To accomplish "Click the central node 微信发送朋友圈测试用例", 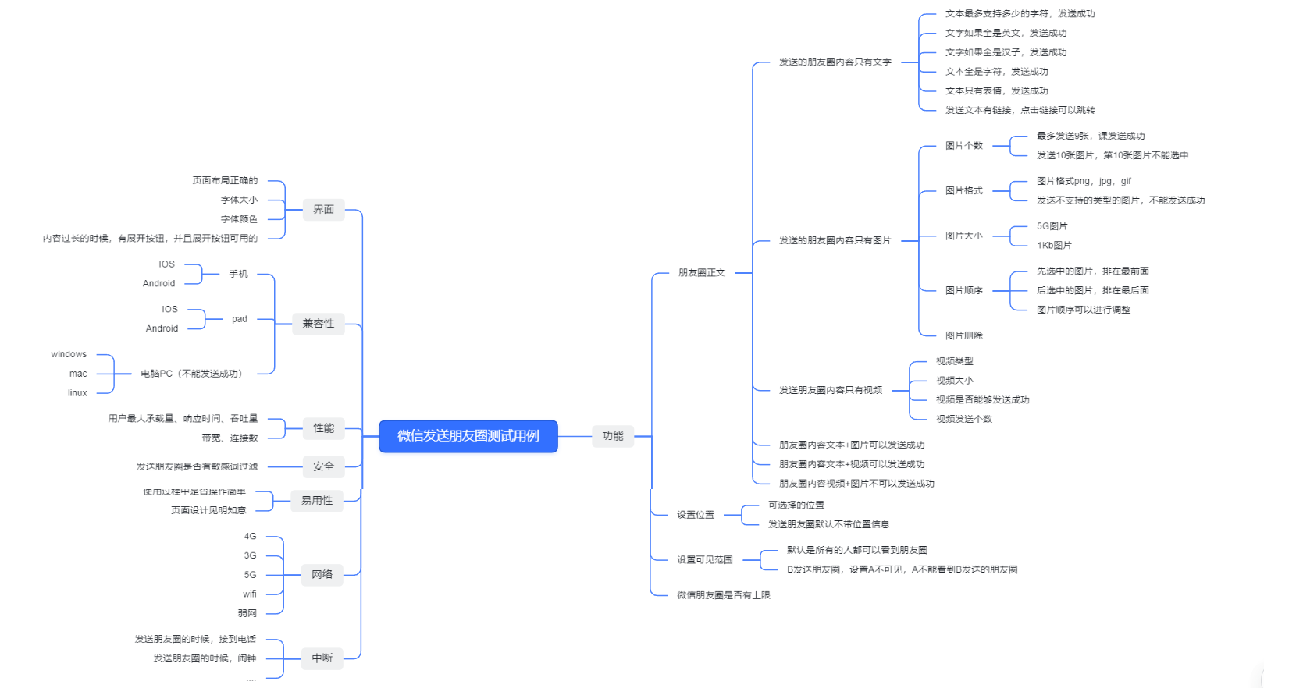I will tap(468, 436).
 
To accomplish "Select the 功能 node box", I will tap(613, 436).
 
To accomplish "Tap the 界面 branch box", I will tap(323, 210).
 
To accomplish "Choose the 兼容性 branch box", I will tap(318, 324).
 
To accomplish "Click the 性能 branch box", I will tap(323, 428).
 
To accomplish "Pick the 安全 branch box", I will tap(323, 466).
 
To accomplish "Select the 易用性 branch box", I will tap(317, 501).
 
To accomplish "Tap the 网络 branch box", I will tap(322, 575).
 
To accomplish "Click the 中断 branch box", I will tap(322, 658).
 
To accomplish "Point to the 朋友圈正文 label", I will tap(702, 273).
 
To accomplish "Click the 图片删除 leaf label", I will tap(963, 335).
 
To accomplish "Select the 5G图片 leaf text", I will tap(1052, 226).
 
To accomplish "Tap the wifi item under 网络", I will tap(250, 594).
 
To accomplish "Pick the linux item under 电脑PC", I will tap(77, 393).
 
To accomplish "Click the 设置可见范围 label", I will tap(704, 560).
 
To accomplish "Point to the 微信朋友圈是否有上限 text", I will tap(723, 595).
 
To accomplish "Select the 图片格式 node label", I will tap(963, 191).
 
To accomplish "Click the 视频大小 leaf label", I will tap(954, 381).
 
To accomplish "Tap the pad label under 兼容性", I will tap(239, 319).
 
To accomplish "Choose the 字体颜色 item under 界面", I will tap(239, 219).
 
